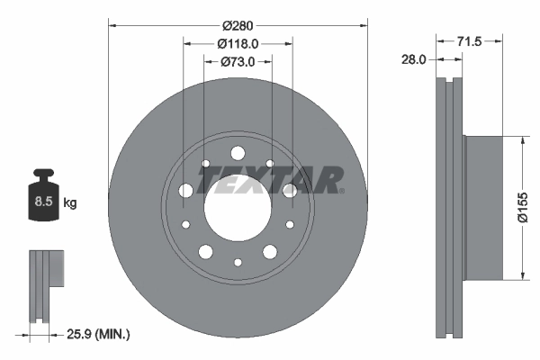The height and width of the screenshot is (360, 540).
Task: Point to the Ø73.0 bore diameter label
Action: click(x=238, y=61)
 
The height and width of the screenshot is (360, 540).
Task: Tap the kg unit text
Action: click(x=69, y=203)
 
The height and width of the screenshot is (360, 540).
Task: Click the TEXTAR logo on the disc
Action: click(x=270, y=180)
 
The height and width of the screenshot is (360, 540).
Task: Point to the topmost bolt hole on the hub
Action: click(x=238, y=154)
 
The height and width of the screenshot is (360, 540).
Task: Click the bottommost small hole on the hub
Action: click(x=238, y=263)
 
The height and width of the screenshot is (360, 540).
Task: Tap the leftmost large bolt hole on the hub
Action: click(x=186, y=191)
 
